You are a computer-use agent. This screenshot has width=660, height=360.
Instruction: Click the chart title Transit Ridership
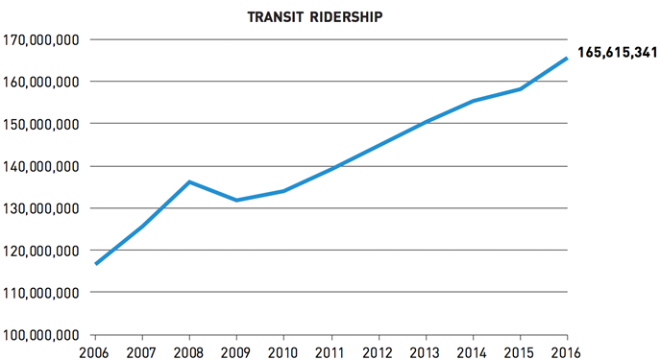pos(330,16)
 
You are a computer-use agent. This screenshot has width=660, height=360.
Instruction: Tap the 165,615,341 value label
pos(615,51)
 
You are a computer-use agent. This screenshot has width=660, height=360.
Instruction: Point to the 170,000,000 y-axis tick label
pos(42,40)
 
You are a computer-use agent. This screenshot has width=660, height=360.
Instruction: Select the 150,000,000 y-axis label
pos(42,124)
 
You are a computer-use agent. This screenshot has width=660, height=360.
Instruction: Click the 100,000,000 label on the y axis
pos(42,335)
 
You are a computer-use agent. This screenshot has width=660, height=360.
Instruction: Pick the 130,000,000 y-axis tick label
pos(42,208)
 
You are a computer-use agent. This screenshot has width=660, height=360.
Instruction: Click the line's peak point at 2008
pos(189,181)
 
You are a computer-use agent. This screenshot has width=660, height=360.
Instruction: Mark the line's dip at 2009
pos(236,200)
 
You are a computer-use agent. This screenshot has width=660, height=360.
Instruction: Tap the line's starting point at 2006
pos(95,264)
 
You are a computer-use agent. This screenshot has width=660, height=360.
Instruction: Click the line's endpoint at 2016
pos(566,58)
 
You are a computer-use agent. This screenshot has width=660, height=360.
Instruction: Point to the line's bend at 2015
pos(519,89)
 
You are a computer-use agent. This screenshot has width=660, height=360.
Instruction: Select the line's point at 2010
pos(283,191)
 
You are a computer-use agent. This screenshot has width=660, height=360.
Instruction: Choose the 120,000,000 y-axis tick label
pos(42,251)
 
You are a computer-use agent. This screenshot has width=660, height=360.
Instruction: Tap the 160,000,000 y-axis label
pos(42,83)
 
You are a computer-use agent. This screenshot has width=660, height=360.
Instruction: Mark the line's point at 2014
pos(472,101)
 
